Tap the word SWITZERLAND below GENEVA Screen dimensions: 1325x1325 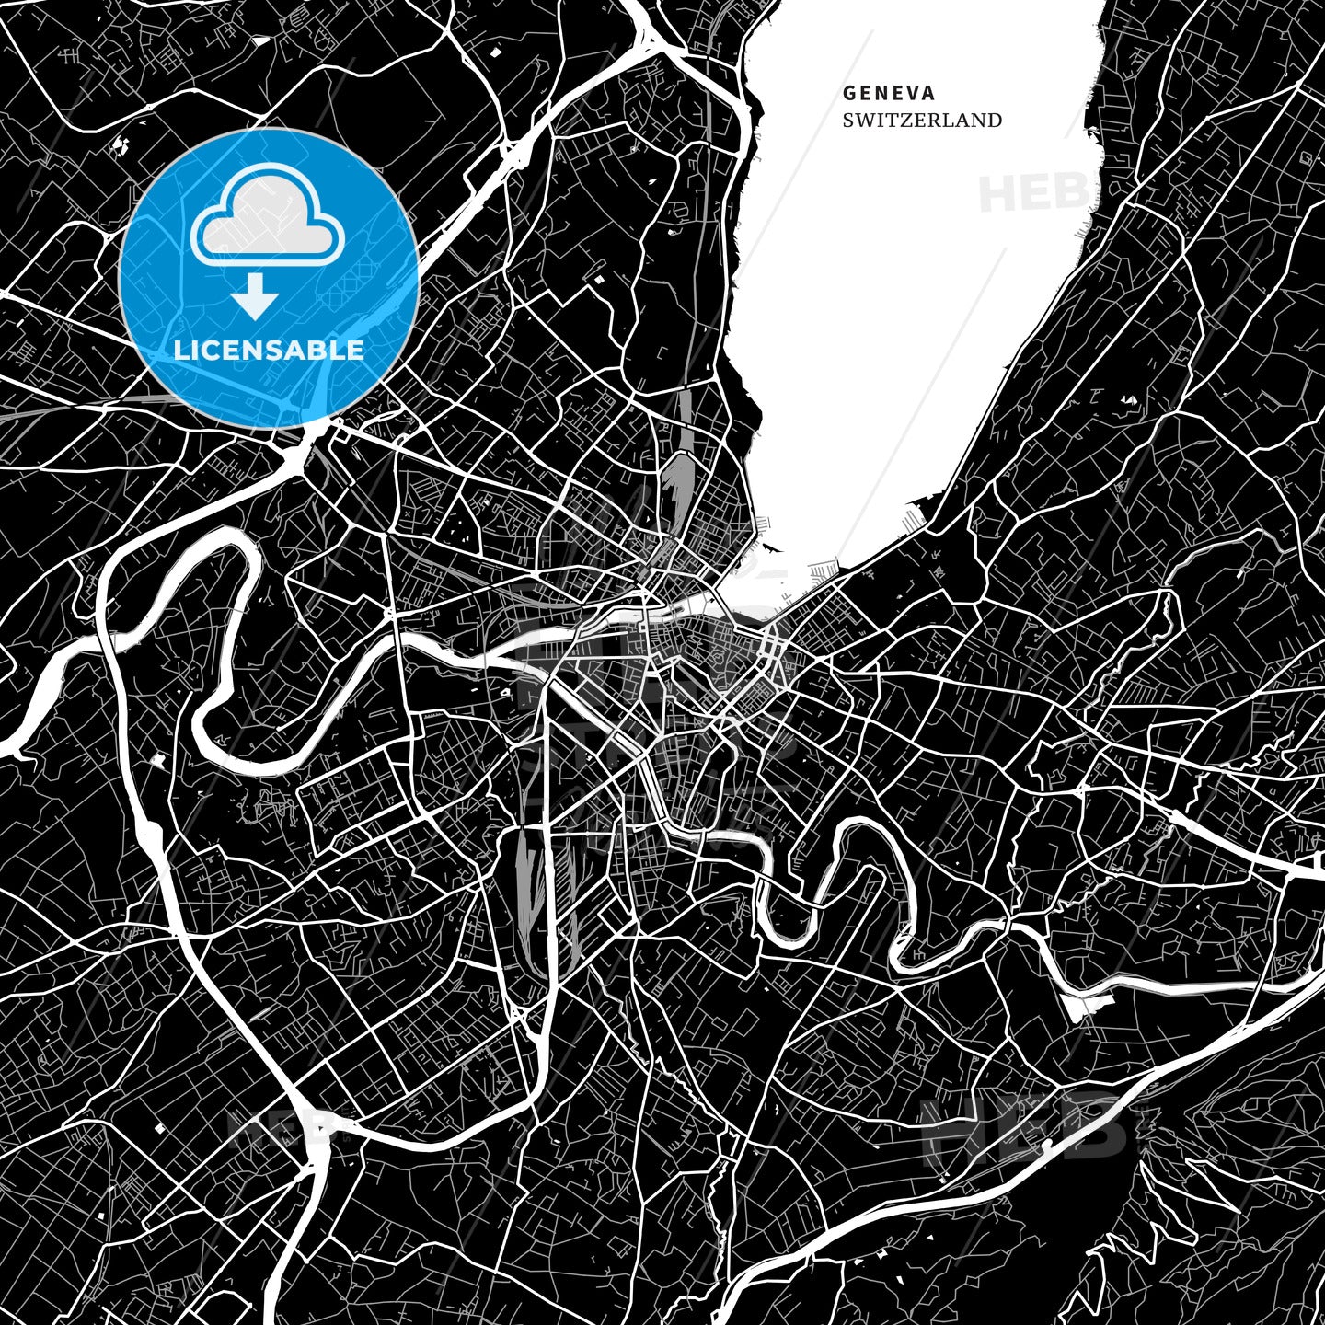pyautogui.click(x=922, y=120)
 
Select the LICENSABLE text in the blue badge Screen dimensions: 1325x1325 pyautogui.click(x=269, y=350)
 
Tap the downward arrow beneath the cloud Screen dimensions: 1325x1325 pyautogui.click(x=255, y=297)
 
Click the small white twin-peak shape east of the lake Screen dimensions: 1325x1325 pyautogui.click(x=1128, y=400)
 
